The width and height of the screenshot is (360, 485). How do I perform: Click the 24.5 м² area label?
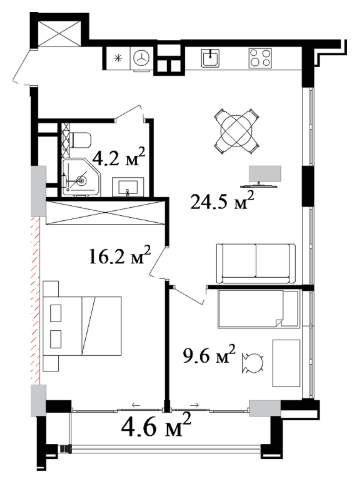tap(222, 201)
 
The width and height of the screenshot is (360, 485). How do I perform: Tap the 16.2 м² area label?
tap(120, 256)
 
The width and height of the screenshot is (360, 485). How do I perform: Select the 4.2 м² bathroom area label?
tap(119, 157)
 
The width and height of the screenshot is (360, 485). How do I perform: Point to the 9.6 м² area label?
tap(209, 355)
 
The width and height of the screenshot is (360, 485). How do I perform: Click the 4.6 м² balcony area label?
tap(157, 425)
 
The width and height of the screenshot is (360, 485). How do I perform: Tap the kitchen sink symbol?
tap(210, 58)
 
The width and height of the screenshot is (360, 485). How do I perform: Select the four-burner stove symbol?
tap(260, 58)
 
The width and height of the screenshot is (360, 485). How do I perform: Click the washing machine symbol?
tap(143, 59)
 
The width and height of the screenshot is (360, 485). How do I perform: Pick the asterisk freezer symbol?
tap(117, 59)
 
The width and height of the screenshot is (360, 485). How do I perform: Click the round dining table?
tap(237, 131)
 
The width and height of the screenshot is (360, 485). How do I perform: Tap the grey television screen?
tap(265, 174)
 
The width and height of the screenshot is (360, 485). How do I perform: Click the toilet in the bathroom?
tap(80, 140)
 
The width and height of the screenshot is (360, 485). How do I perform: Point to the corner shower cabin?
tap(82, 177)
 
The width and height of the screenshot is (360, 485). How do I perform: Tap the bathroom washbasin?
tap(128, 186)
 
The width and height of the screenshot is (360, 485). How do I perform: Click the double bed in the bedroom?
tap(82, 326)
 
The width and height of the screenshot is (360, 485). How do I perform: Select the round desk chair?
tap(254, 363)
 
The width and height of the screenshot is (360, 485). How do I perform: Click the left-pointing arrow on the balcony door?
tap(136, 405)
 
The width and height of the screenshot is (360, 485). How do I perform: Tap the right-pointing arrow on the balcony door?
tap(195, 405)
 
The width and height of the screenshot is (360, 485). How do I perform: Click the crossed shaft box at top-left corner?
tap(59, 33)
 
